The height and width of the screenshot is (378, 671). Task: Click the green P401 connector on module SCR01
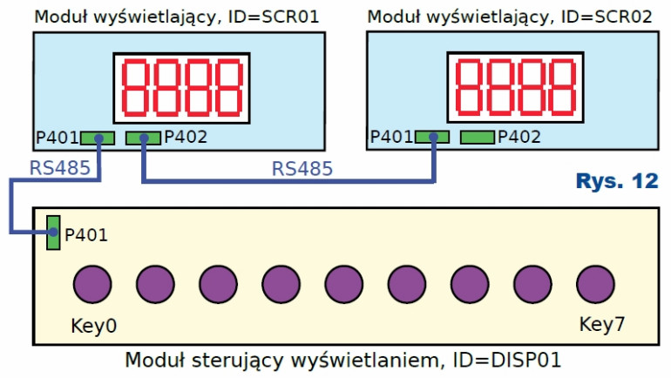(98, 138)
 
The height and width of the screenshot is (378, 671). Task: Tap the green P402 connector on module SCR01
(143, 138)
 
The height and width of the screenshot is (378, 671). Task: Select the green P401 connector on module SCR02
(431, 137)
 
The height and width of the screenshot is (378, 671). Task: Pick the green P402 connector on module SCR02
(477, 137)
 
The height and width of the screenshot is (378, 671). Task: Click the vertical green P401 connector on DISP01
(53, 233)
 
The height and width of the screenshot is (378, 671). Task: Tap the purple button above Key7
(594, 285)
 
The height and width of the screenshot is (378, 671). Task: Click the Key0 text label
(93, 327)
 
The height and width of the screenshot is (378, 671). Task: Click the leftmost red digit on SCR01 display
(137, 90)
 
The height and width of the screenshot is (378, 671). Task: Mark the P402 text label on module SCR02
(518, 137)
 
